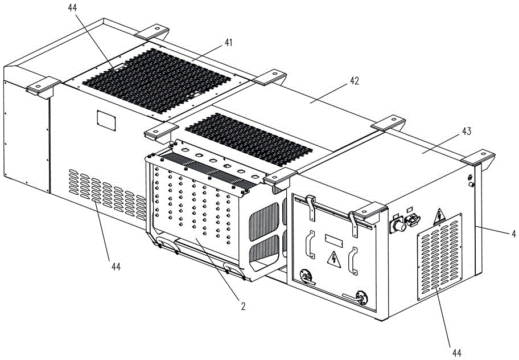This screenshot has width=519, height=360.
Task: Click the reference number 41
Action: tap(228, 43)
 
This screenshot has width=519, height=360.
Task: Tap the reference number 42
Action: tap(354, 81)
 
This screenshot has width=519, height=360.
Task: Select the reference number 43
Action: tap(467, 131)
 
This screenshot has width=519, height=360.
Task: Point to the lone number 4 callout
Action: tap(513, 234)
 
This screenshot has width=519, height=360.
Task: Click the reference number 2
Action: tap(244, 306)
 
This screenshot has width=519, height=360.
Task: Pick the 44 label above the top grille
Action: tap(72, 7)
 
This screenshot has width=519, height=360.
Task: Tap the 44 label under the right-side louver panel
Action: tap(456, 353)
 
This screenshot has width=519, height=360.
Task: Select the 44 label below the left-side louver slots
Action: tap(116, 266)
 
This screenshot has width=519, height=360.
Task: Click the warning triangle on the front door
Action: tap(334, 259)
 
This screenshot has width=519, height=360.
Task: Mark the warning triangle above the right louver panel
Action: tap(439, 217)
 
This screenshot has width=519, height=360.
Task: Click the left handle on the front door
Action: tap(311, 244)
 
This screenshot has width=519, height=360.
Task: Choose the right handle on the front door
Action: tap(353, 261)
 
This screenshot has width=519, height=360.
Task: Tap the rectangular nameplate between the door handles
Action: tap(333, 240)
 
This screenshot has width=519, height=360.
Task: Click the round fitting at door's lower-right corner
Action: tap(361, 297)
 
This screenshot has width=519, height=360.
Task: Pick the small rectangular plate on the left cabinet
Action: tap(106, 120)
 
